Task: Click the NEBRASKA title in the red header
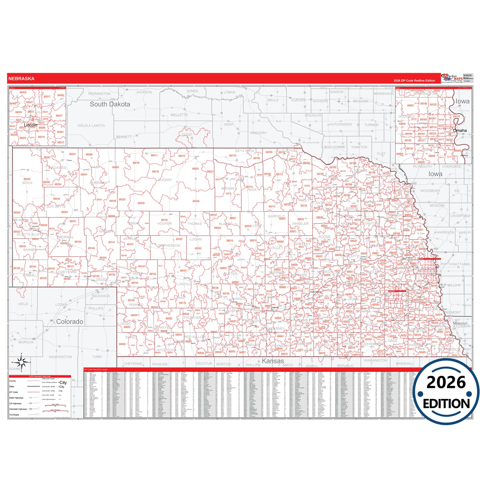point(21,79)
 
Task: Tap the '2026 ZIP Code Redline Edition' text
point(414,81)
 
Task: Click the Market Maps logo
point(452,78)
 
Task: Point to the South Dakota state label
point(110,104)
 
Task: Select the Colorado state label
point(69,322)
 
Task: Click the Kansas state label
point(273,361)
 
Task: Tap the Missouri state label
point(460,323)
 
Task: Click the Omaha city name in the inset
point(460,131)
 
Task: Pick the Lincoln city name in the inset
point(31,125)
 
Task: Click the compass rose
point(21,362)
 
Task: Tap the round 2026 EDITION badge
point(446,392)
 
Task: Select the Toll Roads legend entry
point(14,415)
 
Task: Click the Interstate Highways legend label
point(18,409)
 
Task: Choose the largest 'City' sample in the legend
point(63,383)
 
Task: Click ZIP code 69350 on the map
point(141,203)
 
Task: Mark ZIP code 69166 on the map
point(196,201)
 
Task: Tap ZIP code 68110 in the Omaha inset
point(456,116)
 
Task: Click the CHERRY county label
point(165,180)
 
